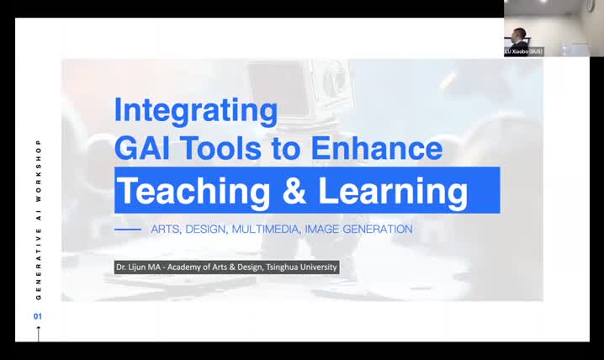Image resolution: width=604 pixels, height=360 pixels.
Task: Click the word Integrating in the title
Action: point(195,110)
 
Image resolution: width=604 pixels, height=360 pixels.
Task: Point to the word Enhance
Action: point(376,149)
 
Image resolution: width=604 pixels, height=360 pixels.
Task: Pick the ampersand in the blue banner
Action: point(294,191)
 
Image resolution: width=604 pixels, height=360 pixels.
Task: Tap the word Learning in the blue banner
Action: point(392,191)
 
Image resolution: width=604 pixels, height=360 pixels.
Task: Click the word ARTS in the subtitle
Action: point(165,229)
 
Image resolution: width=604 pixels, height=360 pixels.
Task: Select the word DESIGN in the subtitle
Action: point(205,229)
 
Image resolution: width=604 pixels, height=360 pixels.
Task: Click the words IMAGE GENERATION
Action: point(358,229)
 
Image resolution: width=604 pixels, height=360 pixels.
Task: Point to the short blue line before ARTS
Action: point(128,229)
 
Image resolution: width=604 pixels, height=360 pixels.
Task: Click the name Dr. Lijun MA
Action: point(142,267)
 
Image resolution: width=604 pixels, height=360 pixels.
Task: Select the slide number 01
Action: point(38,316)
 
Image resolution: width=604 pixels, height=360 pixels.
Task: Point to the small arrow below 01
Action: point(38,332)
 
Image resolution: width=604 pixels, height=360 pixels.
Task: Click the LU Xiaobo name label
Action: point(523,51)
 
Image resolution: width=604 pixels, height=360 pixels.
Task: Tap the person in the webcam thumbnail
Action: point(518,37)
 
